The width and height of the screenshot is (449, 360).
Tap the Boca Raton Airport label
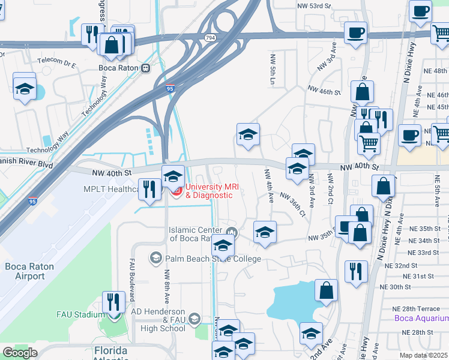tap(29, 271)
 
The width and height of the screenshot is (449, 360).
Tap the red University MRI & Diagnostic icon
tap(176, 191)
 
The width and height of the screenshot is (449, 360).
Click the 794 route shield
tap(209, 37)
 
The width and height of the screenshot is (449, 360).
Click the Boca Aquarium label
tap(421, 318)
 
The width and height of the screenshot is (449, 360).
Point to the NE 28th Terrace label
tap(415, 308)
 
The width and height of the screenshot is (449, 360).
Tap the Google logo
tap(19, 353)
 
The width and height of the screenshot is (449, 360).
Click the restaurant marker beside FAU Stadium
tap(113, 303)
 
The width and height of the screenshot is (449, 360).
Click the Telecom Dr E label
tap(57, 61)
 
